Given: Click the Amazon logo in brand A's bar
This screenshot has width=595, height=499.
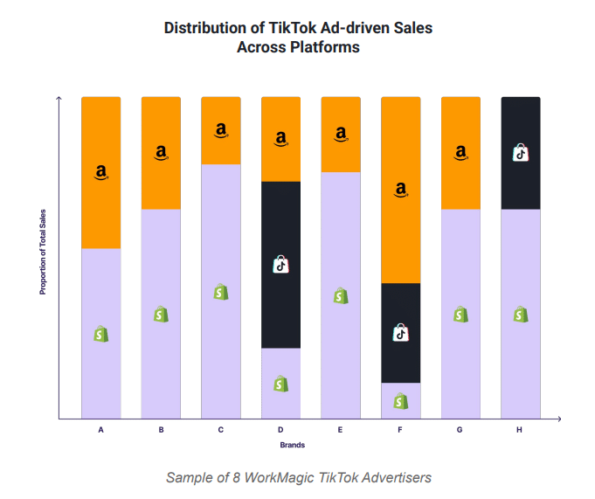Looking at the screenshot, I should click(x=101, y=172).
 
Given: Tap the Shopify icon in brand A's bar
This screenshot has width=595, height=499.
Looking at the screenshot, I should click(x=101, y=333).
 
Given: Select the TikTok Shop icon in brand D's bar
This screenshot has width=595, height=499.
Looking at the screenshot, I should click(x=280, y=263).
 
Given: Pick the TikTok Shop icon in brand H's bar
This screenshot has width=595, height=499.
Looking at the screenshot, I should click(x=521, y=153).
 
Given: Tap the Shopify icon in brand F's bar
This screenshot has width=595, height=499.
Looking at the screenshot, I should click(x=400, y=400).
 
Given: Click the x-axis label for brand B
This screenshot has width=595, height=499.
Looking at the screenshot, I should click(x=162, y=430).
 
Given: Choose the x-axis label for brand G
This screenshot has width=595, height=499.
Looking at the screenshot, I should click(x=460, y=430).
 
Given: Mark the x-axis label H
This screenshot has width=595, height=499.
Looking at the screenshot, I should click(x=521, y=430).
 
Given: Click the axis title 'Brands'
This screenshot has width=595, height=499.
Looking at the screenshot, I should click(x=292, y=446).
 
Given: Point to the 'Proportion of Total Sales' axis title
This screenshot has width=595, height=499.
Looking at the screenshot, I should click(x=42, y=251).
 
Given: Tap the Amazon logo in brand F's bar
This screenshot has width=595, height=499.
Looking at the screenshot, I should click(x=401, y=189).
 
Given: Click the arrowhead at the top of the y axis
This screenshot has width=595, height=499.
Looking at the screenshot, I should click(x=59, y=98).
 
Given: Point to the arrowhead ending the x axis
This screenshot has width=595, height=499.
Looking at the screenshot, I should click(x=558, y=419).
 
